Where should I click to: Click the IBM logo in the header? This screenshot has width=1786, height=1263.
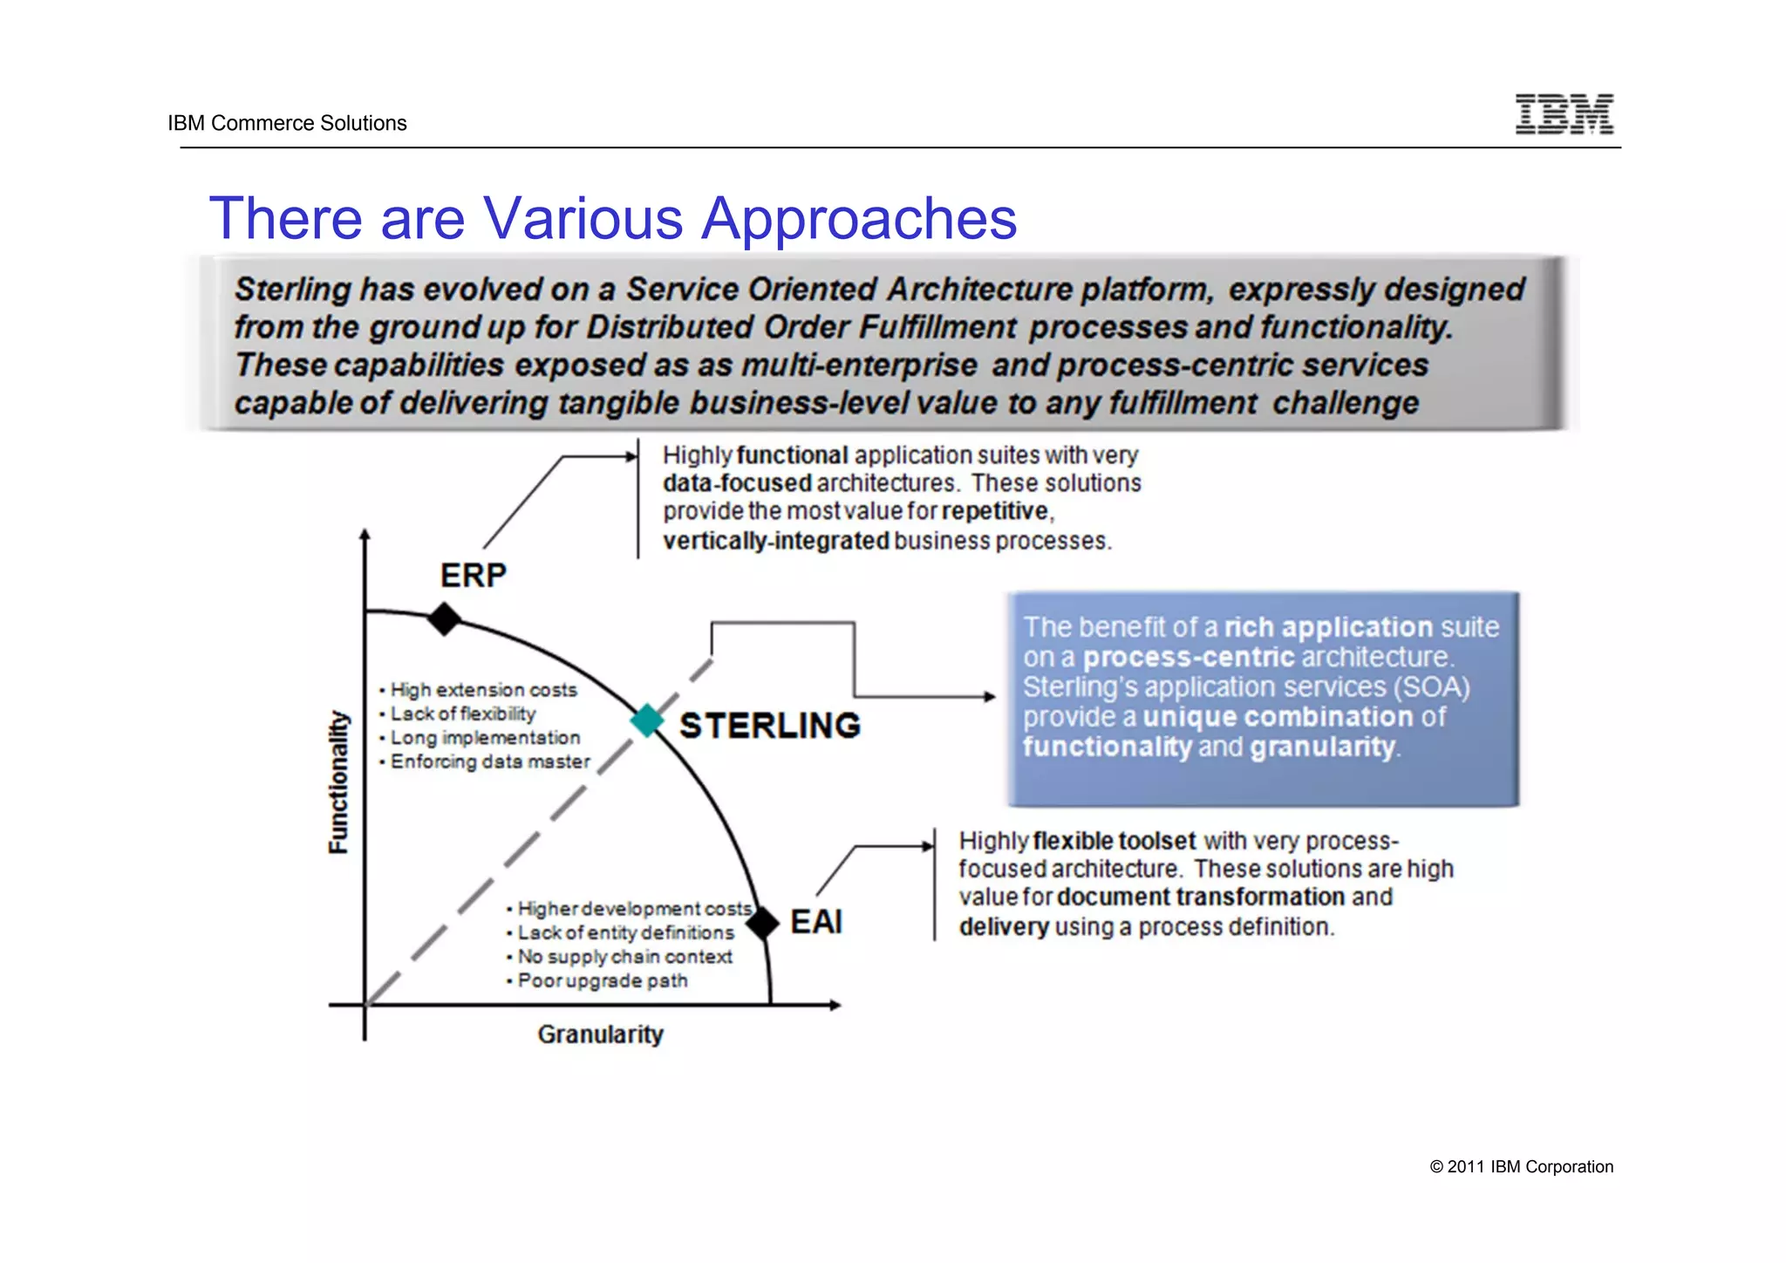pyautogui.click(x=1564, y=114)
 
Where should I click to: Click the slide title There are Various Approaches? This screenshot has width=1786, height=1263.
pyautogui.click(x=613, y=218)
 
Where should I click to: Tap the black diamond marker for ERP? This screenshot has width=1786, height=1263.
pyautogui.click(x=444, y=618)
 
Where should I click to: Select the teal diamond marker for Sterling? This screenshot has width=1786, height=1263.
pyautogui.click(x=647, y=720)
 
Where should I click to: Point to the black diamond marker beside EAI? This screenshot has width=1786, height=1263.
pyautogui.click(x=762, y=923)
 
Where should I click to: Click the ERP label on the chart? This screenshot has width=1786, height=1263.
pyautogui.click(x=473, y=576)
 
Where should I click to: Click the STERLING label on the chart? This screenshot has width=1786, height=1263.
pyautogui.click(x=769, y=726)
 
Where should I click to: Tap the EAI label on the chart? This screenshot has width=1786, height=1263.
pyautogui.click(x=815, y=922)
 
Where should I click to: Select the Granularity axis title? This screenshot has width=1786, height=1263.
pyautogui.click(x=600, y=1034)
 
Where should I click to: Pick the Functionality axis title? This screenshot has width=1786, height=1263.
pyautogui.click(x=338, y=782)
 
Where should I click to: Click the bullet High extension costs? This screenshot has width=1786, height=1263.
pyautogui.click(x=483, y=690)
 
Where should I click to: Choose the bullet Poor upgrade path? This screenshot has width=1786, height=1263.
pyautogui.click(x=602, y=980)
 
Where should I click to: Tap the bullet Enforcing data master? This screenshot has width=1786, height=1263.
pyautogui.click(x=490, y=761)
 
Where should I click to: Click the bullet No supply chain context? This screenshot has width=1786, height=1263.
pyautogui.click(x=624, y=957)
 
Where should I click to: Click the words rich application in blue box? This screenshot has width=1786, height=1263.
pyautogui.click(x=1328, y=627)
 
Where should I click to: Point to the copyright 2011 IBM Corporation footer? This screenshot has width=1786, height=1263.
pyautogui.click(x=1521, y=1167)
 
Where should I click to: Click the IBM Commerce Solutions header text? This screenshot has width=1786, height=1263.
pyautogui.click(x=287, y=123)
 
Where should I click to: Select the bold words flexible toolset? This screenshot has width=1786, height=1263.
pyautogui.click(x=1114, y=841)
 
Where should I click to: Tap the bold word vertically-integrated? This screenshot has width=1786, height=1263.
pyautogui.click(x=775, y=541)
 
